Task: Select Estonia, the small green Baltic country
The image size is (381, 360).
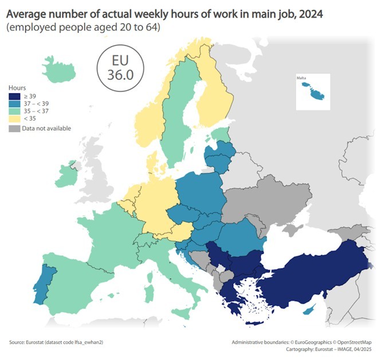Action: tap(220, 135)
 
